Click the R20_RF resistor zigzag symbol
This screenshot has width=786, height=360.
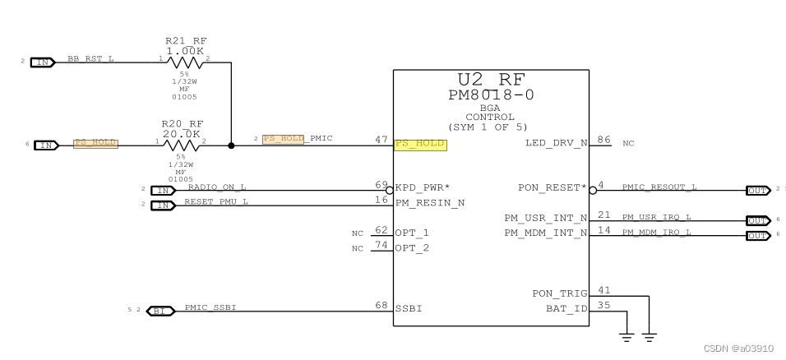[x=182, y=145]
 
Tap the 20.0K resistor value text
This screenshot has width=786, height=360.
[x=182, y=133]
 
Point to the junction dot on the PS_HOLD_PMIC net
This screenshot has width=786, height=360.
[x=231, y=145]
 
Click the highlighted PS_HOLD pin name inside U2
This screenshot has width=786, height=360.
[x=419, y=144]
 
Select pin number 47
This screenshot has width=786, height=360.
[x=381, y=141]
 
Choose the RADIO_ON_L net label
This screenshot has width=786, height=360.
[x=216, y=187]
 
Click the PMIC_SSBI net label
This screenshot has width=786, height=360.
[x=211, y=308]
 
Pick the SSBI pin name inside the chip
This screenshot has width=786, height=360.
[x=409, y=309]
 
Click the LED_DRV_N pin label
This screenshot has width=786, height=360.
[x=555, y=144]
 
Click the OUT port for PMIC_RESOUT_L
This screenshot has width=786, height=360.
[x=757, y=191]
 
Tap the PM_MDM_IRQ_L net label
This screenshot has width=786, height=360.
[x=656, y=233]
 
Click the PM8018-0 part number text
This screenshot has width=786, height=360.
[x=491, y=95]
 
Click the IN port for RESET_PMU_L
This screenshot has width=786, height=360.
[x=163, y=205]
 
